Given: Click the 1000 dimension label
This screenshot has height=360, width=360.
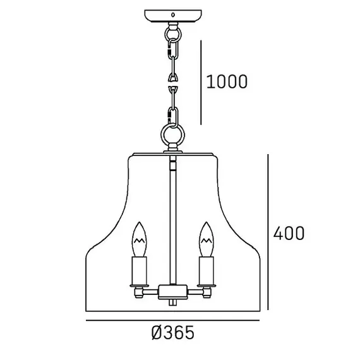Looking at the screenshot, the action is point(227,81).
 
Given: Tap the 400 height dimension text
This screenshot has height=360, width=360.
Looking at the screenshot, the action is point(289,233).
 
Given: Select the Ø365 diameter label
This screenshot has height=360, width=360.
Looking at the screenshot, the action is point(173,333).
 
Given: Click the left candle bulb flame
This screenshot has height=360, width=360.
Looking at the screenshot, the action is point(139,239).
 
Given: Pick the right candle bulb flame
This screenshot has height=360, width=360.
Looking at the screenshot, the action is point(207,239).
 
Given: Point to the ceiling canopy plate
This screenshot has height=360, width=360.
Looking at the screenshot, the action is point(173,16).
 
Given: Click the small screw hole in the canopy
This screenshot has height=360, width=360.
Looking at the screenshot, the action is point(173,15).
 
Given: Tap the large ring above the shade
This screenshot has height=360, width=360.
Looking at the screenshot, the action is point(172,135).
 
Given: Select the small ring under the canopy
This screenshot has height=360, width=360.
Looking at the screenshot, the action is point(173,35).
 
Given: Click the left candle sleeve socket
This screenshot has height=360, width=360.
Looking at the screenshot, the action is point(139,271).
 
